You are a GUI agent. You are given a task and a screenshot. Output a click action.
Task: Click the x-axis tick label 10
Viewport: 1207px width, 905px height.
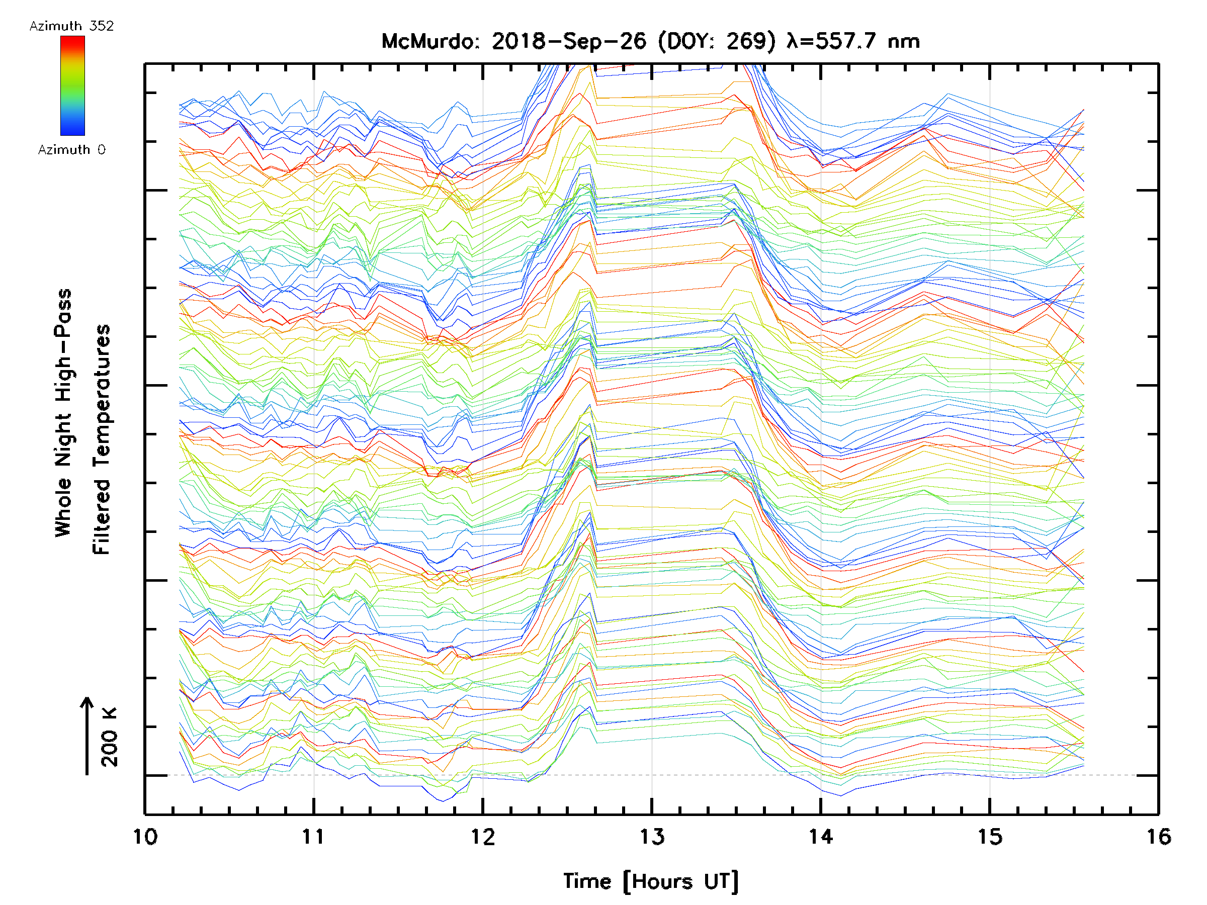[x=145, y=837]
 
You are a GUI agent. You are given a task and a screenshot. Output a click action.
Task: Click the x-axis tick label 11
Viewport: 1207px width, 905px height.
[x=314, y=837]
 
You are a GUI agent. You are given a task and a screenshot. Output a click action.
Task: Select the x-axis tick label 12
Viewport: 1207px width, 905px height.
[x=483, y=837]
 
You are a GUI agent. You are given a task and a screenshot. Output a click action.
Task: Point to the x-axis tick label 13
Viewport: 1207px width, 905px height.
[x=652, y=837]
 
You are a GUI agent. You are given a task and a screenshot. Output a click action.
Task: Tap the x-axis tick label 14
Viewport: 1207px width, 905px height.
[x=821, y=837]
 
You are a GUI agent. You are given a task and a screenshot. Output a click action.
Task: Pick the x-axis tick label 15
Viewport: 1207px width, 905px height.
[x=990, y=837]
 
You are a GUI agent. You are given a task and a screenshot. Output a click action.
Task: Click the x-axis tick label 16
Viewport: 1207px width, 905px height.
[x=1158, y=837]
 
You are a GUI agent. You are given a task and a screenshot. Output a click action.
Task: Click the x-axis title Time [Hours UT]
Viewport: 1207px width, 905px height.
[x=651, y=881]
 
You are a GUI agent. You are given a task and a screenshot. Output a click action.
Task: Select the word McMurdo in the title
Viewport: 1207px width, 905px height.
[x=429, y=41]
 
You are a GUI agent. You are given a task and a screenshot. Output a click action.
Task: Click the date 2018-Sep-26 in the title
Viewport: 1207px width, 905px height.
[x=569, y=41]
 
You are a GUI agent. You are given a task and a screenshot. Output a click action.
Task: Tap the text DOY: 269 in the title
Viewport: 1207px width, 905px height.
[x=717, y=41]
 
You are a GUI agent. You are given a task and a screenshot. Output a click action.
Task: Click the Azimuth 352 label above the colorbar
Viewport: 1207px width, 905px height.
[x=71, y=26]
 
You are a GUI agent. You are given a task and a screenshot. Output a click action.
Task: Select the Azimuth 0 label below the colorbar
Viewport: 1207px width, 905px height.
[x=71, y=150]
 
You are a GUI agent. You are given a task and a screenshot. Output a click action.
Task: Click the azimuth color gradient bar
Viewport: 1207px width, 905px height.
[x=72, y=85]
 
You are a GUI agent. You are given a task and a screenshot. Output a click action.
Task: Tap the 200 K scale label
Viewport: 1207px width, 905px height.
[x=109, y=737]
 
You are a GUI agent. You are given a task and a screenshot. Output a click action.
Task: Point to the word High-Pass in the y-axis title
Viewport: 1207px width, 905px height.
[x=63, y=345]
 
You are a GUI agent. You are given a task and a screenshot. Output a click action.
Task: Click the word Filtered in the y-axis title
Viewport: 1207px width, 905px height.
[x=102, y=516]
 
